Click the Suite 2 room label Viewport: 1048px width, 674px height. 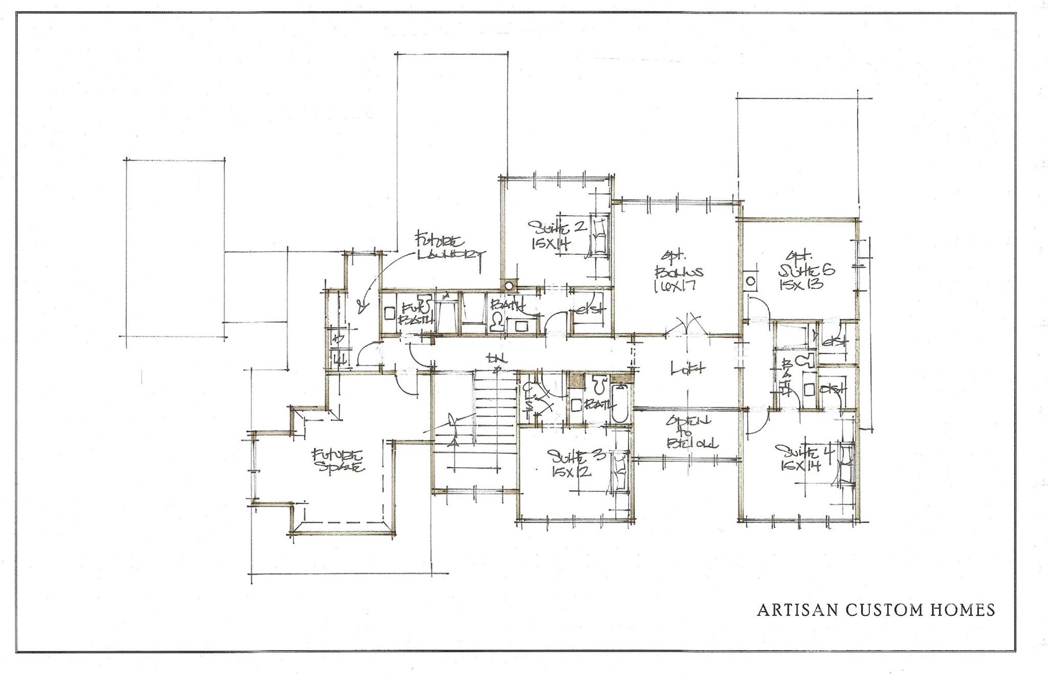pyautogui.click(x=556, y=227)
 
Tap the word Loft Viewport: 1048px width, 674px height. pyautogui.click(x=688, y=367)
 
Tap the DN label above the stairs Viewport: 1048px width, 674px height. pyautogui.click(x=495, y=359)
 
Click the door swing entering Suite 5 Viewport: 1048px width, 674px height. pyautogui.click(x=761, y=310)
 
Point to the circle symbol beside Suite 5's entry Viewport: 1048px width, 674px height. pyautogui.click(x=751, y=281)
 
